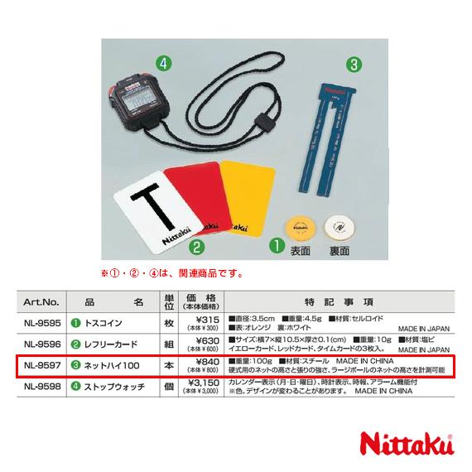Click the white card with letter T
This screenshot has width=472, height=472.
pyautogui.click(x=152, y=210)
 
